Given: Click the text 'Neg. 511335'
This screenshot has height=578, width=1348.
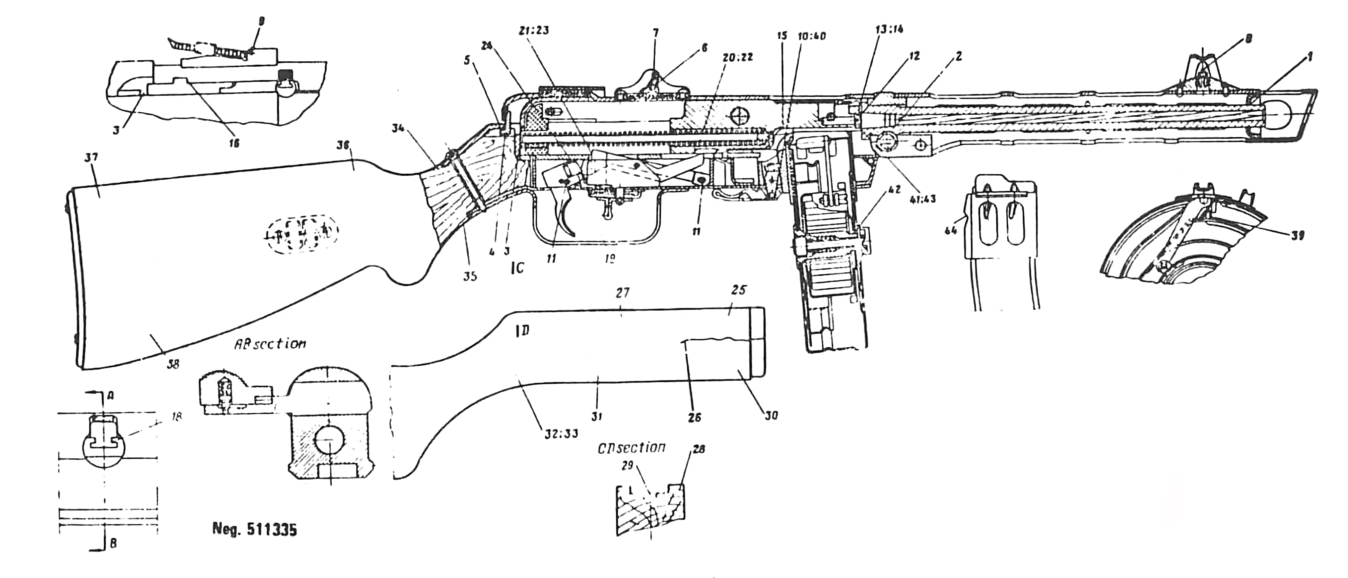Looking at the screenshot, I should point(254,530).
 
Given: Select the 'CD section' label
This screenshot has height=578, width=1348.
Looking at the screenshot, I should point(632,448).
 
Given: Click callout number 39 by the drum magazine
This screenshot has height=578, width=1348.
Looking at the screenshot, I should point(1297,236).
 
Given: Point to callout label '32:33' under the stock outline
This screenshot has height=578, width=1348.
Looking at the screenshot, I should point(560,433).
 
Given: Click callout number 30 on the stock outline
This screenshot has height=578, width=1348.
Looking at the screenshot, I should point(771,416).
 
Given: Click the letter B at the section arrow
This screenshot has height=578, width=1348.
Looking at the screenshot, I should point(113,544).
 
